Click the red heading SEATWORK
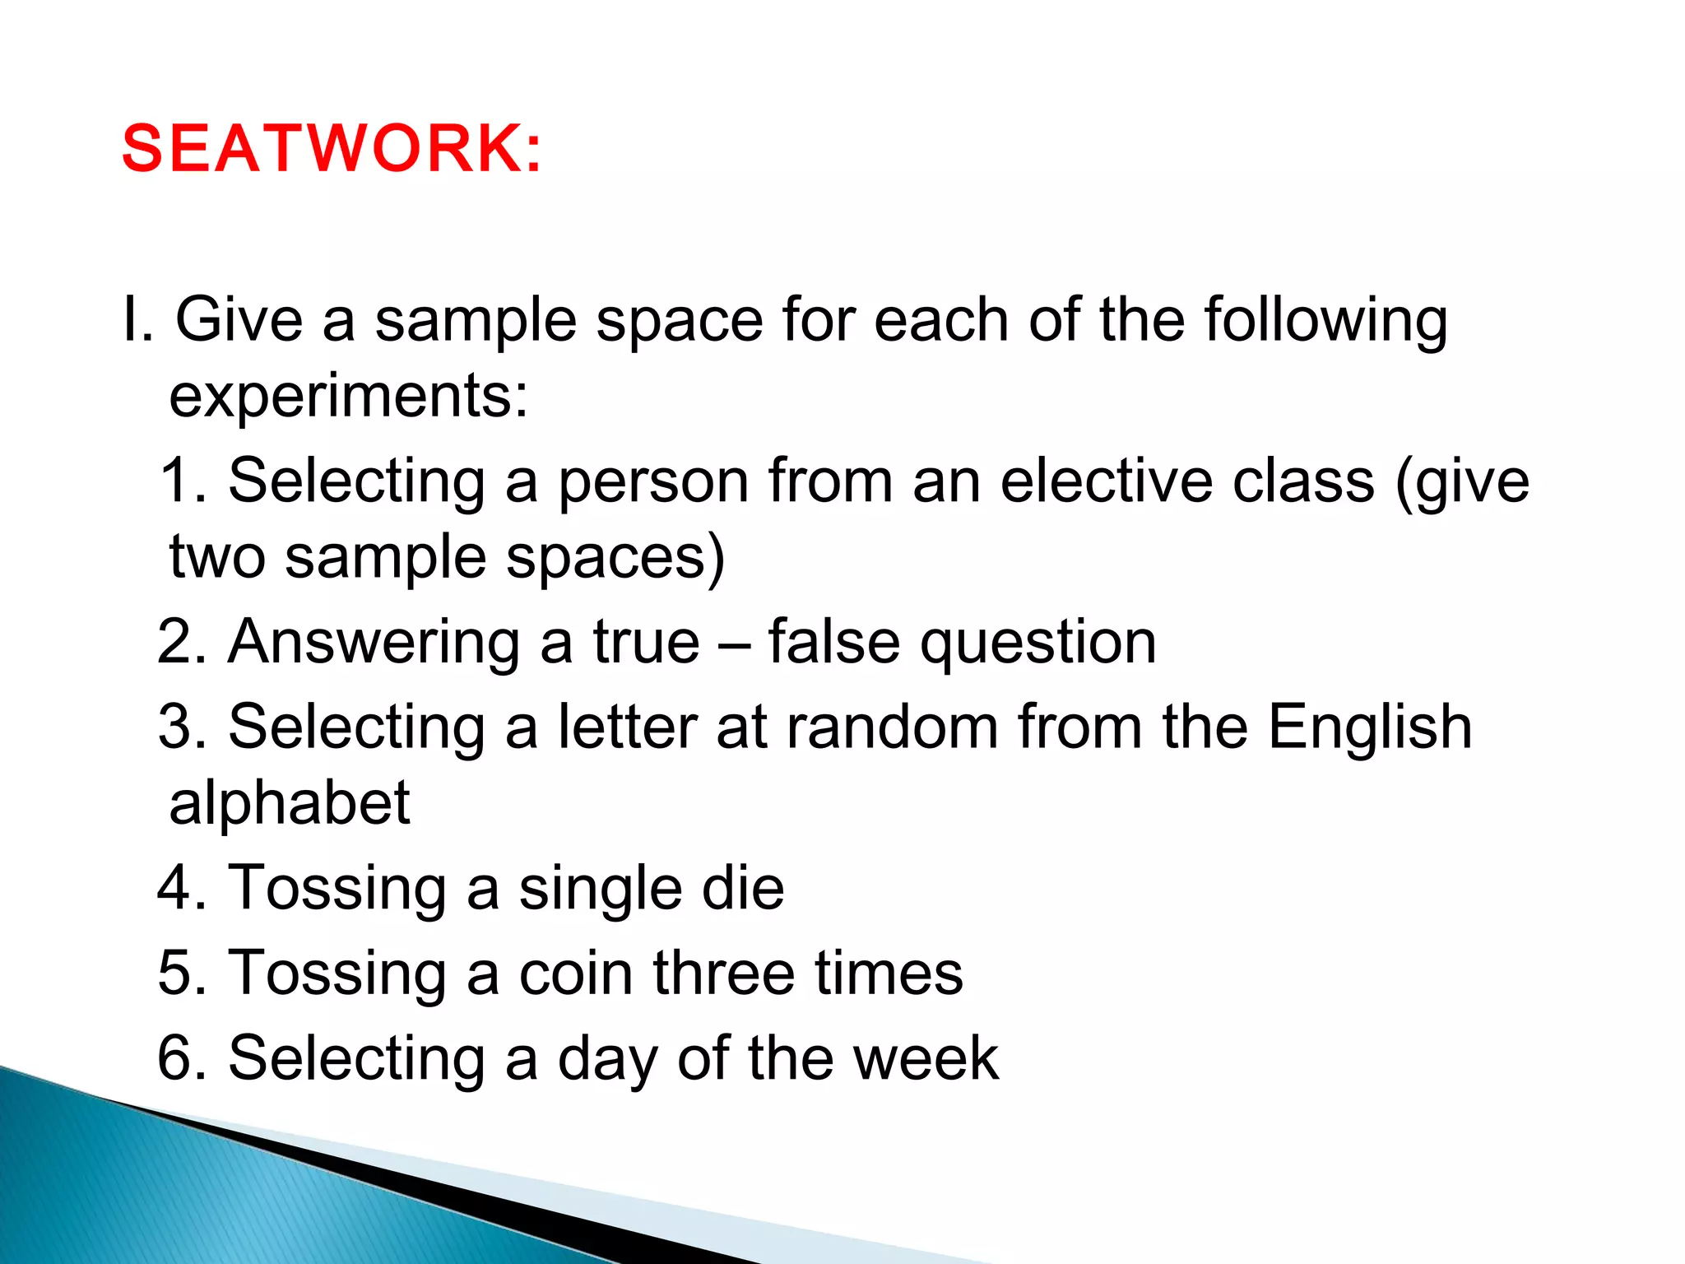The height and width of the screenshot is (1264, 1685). point(332,149)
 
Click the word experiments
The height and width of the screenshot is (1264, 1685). point(348,397)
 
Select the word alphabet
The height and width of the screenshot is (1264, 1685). point(289,803)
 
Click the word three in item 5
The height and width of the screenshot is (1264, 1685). point(724,973)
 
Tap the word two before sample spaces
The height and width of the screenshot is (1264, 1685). point(217,558)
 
